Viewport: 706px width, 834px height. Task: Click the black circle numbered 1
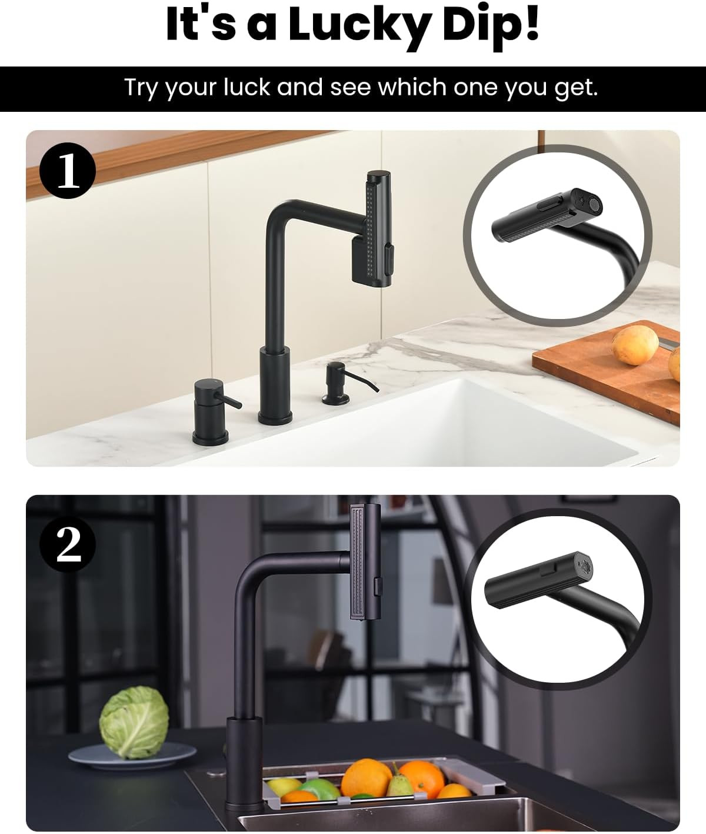pyautogui.click(x=68, y=171)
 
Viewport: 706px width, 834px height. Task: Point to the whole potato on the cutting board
pyautogui.click(x=635, y=345)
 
